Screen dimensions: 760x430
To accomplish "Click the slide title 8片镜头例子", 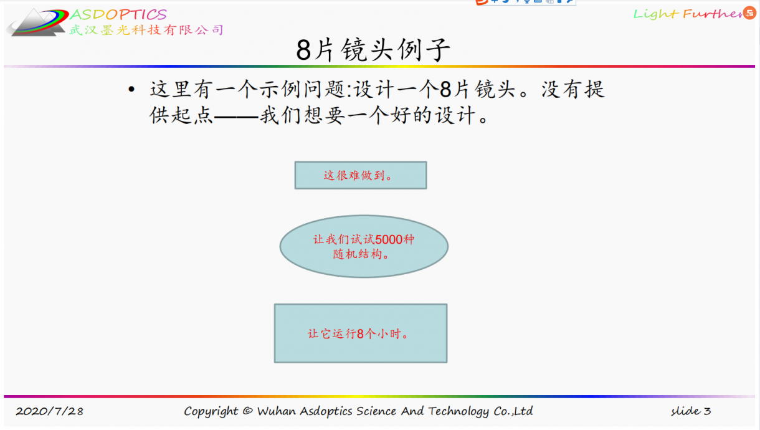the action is [x=373, y=50].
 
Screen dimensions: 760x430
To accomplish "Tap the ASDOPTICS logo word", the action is [x=118, y=14].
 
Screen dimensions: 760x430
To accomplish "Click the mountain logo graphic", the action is [x=37, y=22].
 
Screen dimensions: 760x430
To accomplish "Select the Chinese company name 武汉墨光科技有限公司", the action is [x=146, y=30].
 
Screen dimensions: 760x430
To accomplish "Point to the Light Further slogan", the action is [x=687, y=14].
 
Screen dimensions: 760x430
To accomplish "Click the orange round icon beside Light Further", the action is [x=749, y=13].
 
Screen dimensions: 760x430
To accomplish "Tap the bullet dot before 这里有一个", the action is [x=131, y=89].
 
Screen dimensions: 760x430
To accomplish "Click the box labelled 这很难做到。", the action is [x=361, y=175].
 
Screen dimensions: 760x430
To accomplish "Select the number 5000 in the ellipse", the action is [x=389, y=239].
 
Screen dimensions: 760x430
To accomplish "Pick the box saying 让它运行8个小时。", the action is [x=361, y=333].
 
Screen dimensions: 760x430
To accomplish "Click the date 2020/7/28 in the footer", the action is [x=50, y=411].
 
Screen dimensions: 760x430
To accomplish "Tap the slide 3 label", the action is [x=691, y=411].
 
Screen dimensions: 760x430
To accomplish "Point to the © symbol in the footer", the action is [x=248, y=411].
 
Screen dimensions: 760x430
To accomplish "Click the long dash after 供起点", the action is [x=237, y=116].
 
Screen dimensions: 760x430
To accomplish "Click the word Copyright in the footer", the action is [x=211, y=411].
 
